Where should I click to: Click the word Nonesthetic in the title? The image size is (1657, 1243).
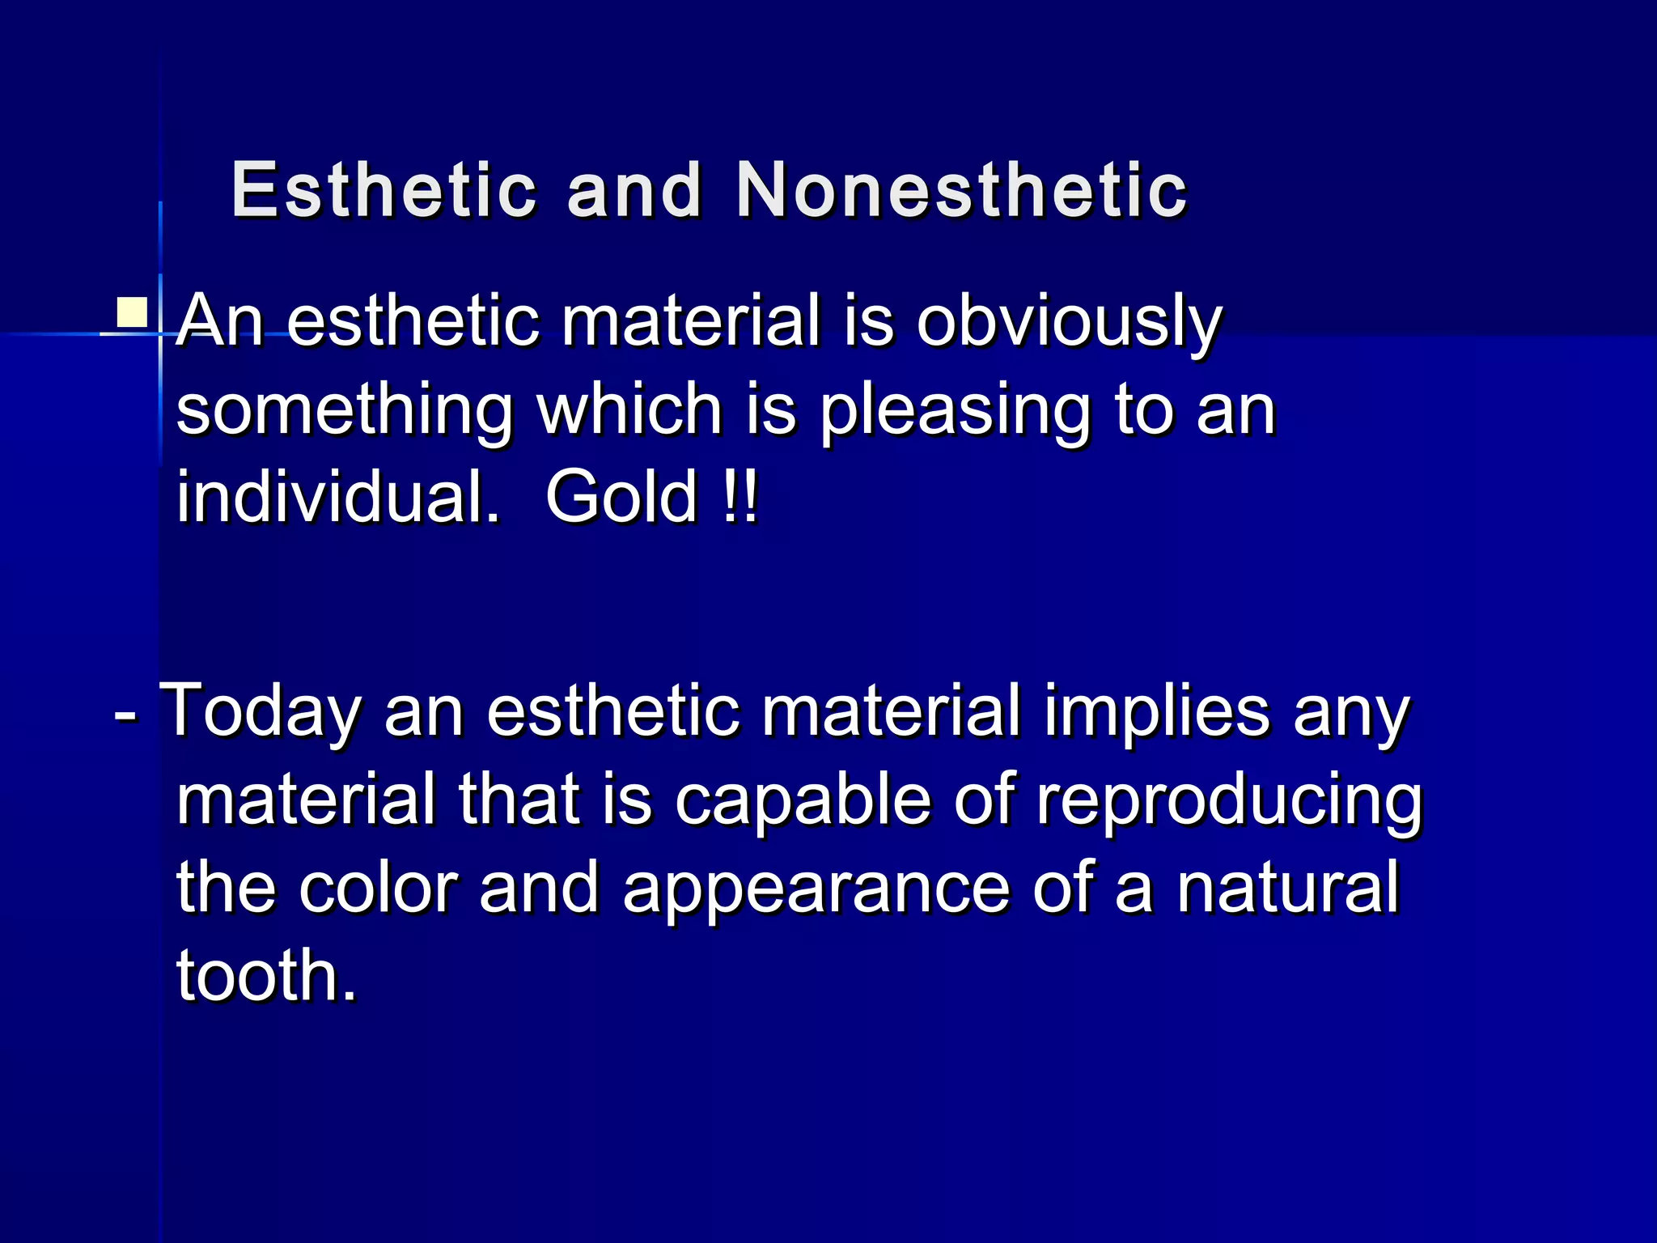point(961,191)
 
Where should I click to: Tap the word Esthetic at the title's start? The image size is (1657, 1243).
point(384,191)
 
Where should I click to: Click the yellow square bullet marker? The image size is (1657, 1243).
point(132,312)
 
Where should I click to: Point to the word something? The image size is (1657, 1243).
point(345,411)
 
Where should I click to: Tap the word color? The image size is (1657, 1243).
point(378,887)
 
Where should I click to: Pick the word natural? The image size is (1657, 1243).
point(1288,887)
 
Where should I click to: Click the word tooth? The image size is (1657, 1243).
point(266,975)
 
